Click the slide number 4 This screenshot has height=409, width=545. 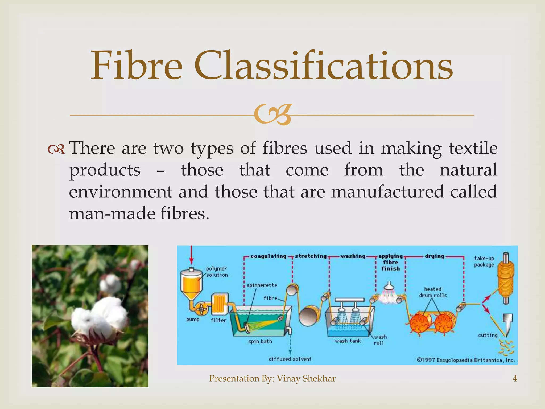(x=515, y=378)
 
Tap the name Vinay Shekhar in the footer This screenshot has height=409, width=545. (x=306, y=378)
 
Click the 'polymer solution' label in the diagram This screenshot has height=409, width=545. (x=217, y=272)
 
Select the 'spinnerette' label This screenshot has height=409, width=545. (x=262, y=285)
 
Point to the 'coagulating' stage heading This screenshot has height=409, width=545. (x=268, y=256)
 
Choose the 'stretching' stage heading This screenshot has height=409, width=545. (x=311, y=256)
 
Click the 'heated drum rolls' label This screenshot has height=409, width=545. (x=433, y=292)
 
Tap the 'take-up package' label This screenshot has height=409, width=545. (x=484, y=261)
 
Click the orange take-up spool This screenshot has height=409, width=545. (x=506, y=278)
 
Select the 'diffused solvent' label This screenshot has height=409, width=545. (x=290, y=359)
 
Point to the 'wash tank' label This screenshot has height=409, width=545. (x=348, y=341)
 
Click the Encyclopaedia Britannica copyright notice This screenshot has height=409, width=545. (x=466, y=360)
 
